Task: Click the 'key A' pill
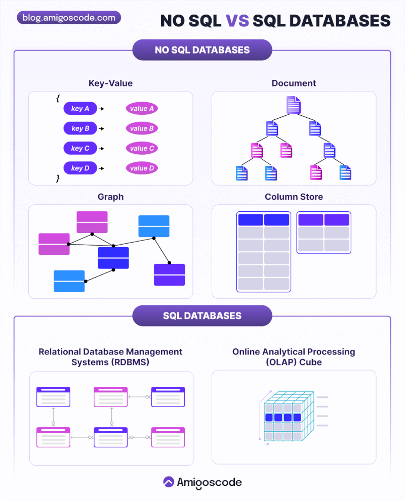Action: coord(80,109)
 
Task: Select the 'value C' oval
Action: coord(142,148)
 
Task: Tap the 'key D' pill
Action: coord(80,168)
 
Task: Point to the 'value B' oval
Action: coord(142,128)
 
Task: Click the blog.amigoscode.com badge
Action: coord(69,18)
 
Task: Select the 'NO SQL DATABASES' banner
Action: coord(202,50)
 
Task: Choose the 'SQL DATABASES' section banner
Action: coord(202,315)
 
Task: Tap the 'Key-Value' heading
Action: coord(110,83)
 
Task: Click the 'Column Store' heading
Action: coord(294,197)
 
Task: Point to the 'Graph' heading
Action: coord(110,197)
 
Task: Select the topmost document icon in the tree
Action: coord(294,105)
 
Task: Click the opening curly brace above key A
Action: coord(58,98)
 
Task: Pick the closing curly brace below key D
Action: coord(58,178)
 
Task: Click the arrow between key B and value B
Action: coord(101,128)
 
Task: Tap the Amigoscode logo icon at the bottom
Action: coord(169,482)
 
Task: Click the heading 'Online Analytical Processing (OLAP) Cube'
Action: coord(294,356)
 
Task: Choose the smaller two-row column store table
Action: coord(323,233)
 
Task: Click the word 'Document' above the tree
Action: coord(294,83)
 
